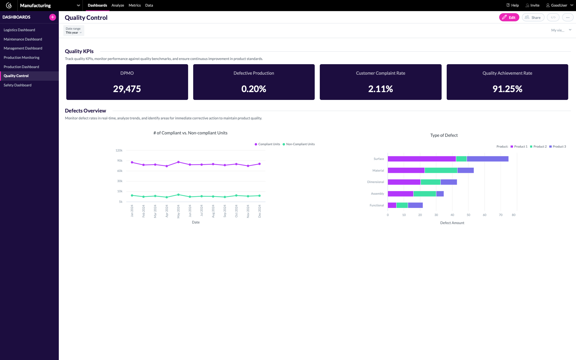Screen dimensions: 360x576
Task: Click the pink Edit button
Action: [509, 17]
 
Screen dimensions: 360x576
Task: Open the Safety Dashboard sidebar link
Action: [17, 85]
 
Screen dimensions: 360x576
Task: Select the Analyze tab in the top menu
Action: [118, 5]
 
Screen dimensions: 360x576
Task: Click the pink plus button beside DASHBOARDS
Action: [52, 17]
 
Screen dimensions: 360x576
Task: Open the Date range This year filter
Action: [73, 31]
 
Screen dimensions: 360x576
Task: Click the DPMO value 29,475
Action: [127, 89]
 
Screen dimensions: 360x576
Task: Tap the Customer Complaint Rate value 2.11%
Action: [380, 89]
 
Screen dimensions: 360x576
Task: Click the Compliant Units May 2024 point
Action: [178, 162]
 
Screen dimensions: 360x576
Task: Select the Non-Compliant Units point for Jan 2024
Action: [132, 195]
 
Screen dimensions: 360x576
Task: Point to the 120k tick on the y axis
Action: [119, 150]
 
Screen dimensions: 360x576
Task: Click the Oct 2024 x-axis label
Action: [236, 211]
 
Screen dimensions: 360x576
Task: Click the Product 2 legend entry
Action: [538, 147]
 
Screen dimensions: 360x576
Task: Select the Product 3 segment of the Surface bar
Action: [487, 159]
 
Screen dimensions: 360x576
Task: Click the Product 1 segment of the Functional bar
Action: [392, 205]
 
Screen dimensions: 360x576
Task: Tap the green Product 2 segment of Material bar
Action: [441, 170]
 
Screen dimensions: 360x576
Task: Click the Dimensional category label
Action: [375, 182]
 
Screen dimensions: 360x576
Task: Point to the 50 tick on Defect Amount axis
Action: [468, 215]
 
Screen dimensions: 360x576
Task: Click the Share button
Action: [533, 17]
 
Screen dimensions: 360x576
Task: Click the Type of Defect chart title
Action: [444, 135]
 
